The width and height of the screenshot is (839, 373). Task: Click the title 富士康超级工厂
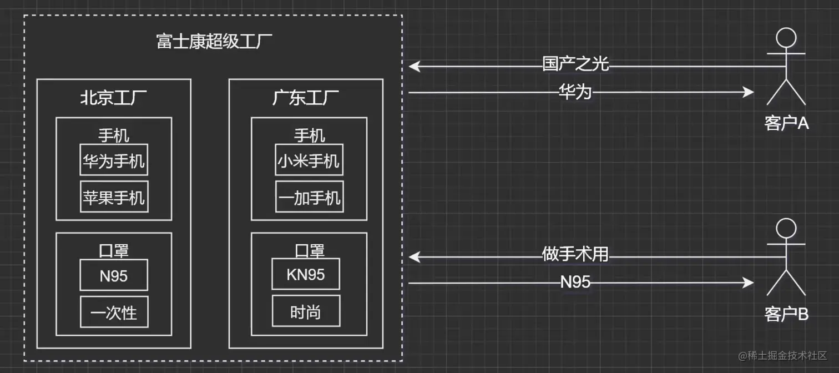click(x=214, y=42)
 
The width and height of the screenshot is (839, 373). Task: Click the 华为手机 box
click(x=114, y=162)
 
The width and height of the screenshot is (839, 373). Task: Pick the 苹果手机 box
click(x=114, y=196)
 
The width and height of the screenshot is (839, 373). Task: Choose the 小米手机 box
click(x=309, y=160)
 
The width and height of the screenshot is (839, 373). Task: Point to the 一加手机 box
click(x=309, y=196)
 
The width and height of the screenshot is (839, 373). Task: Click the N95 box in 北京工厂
click(x=114, y=275)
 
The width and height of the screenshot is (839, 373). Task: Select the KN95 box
click(x=305, y=274)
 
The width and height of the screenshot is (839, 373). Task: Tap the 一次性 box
click(x=114, y=312)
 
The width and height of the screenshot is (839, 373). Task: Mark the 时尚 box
click(x=305, y=312)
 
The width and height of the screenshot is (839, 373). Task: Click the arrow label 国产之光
click(x=575, y=64)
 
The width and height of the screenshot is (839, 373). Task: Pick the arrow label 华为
click(x=575, y=92)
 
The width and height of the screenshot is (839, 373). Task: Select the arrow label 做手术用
click(x=575, y=255)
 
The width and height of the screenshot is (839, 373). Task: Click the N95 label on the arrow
click(x=575, y=283)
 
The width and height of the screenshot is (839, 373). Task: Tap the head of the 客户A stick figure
click(x=786, y=38)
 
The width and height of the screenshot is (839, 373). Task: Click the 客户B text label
click(x=786, y=314)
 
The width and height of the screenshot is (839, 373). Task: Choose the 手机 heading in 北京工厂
click(x=114, y=135)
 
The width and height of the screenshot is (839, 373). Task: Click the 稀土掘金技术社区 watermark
click(x=782, y=355)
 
